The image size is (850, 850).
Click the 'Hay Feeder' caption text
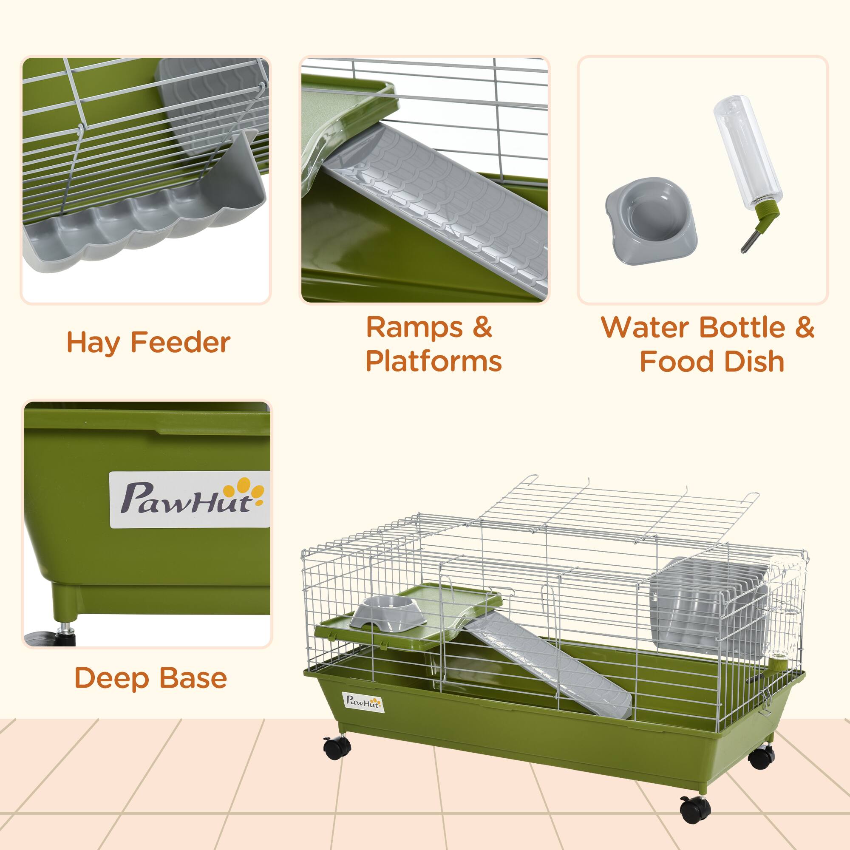click(x=148, y=343)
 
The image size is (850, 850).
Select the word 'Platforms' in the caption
click(x=433, y=362)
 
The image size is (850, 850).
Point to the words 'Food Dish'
click(x=712, y=362)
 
